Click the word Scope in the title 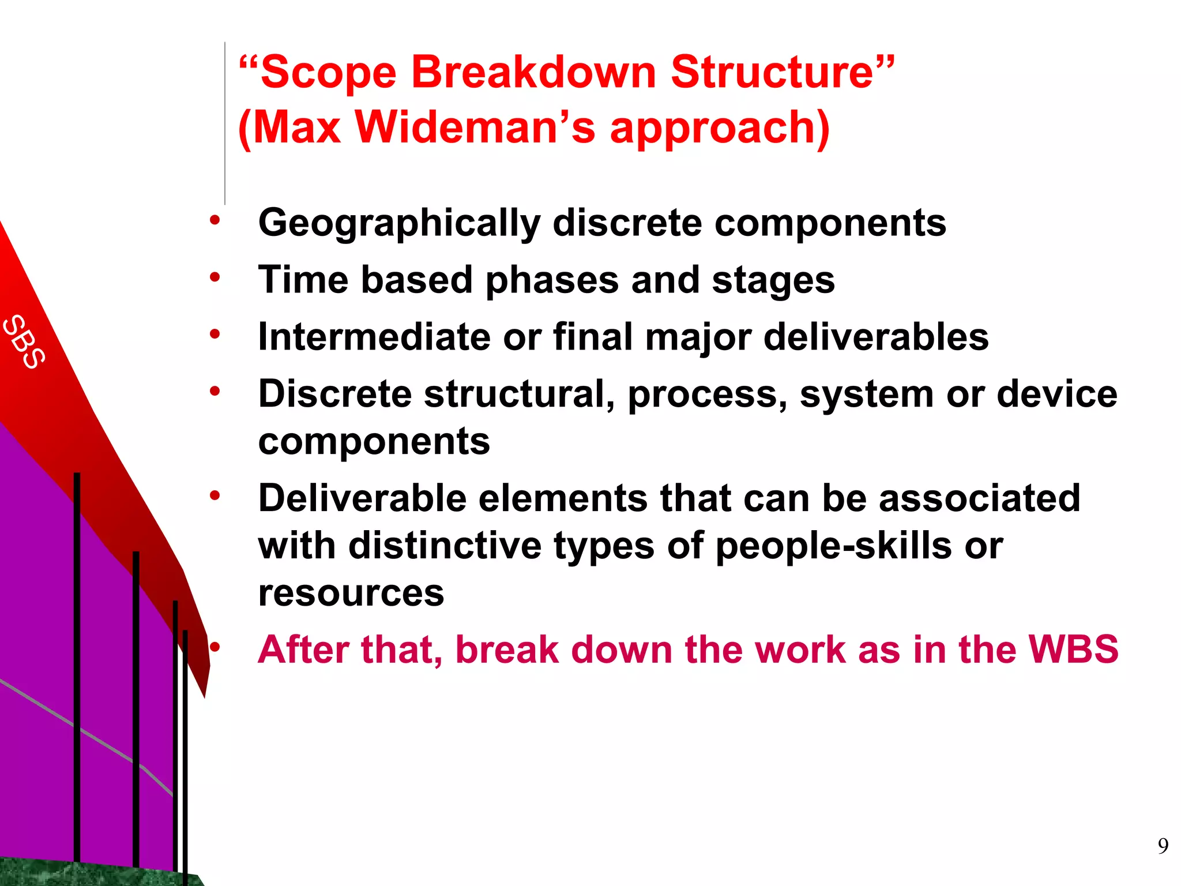point(328,73)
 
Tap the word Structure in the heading point(772,73)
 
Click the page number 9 point(1163,846)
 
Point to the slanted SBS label point(24,341)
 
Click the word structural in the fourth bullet point(518,395)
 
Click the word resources point(351,593)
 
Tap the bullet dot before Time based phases point(215,277)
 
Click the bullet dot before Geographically point(215,220)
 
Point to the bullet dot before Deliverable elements point(215,495)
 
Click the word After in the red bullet point(303,650)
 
